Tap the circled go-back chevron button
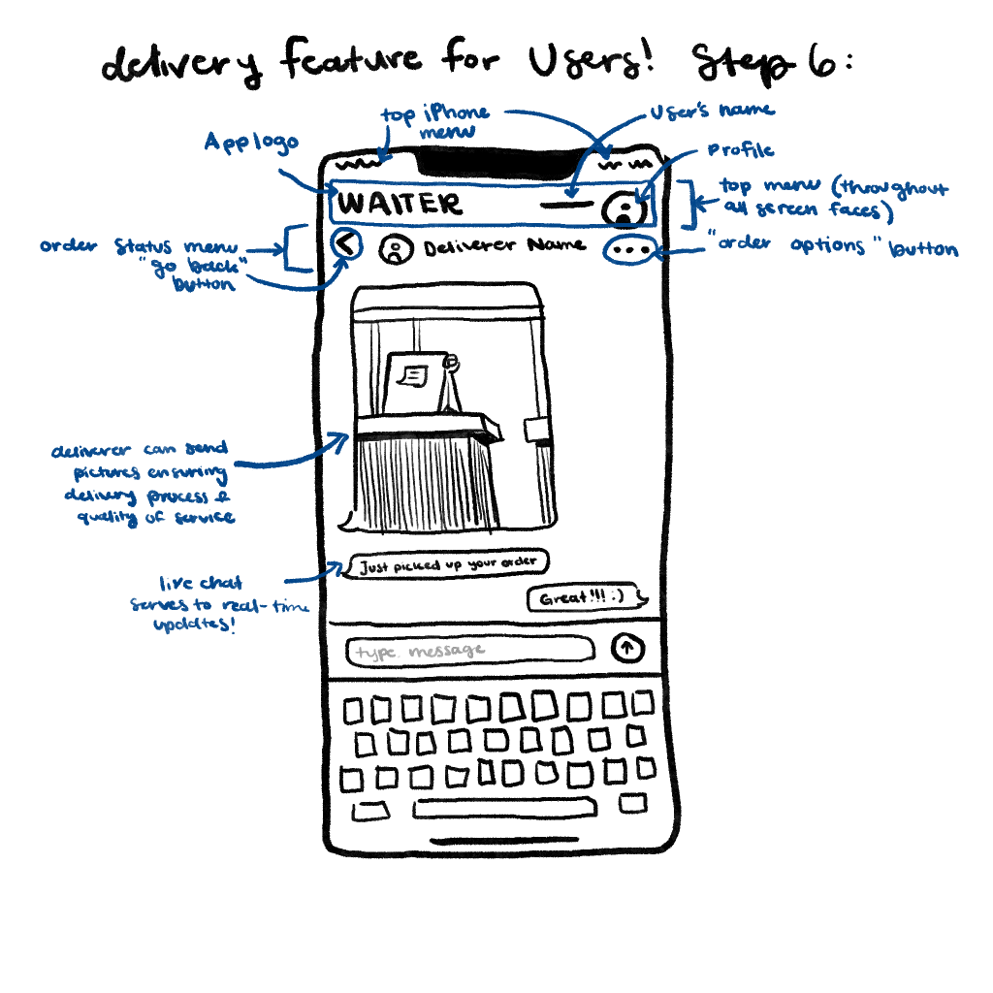click(347, 245)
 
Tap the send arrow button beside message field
click(627, 650)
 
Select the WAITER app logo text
click(400, 205)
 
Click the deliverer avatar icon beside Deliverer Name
click(394, 250)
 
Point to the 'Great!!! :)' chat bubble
click(586, 598)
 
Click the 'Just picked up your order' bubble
click(447, 564)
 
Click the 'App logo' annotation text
click(249, 142)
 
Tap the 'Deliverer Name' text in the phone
click(504, 246)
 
